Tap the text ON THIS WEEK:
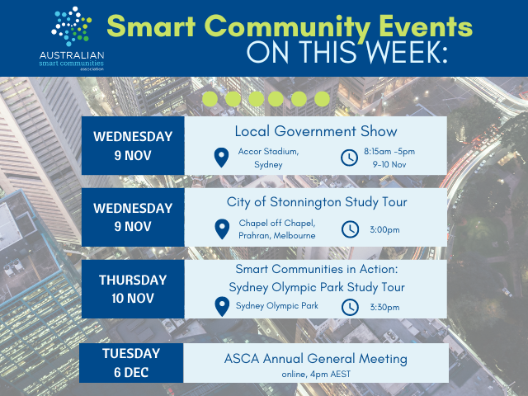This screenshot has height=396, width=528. [347, 52]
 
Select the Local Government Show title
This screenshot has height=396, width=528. [316, 131]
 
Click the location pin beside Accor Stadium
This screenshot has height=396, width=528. [220, 157]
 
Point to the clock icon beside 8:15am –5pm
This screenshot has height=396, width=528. [350, 157]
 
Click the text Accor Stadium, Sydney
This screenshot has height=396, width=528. [269, 158]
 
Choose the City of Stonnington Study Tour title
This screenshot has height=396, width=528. [316, 202]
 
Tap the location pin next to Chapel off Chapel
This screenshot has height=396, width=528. [220, 229]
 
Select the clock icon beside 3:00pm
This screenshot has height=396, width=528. [350, 229]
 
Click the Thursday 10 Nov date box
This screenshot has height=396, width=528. [133, 289]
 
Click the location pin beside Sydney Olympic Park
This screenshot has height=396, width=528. [220, 307]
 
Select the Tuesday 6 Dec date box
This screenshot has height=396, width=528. [131, 361]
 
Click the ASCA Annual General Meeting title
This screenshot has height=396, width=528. [316, 358]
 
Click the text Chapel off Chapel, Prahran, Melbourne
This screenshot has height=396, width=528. [277, 229]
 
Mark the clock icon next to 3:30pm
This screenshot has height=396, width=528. [350, 307]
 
